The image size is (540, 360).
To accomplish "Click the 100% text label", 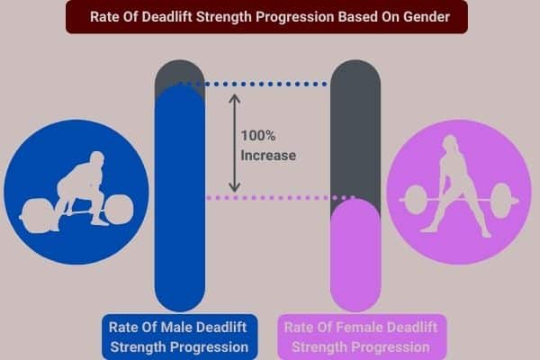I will (259, 137).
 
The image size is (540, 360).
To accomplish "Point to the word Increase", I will (268, 155).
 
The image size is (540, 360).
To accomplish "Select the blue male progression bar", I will (182, 198).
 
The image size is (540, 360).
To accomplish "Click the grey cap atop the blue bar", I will (182, 74).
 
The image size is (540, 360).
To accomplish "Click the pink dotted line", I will (270, 197).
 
